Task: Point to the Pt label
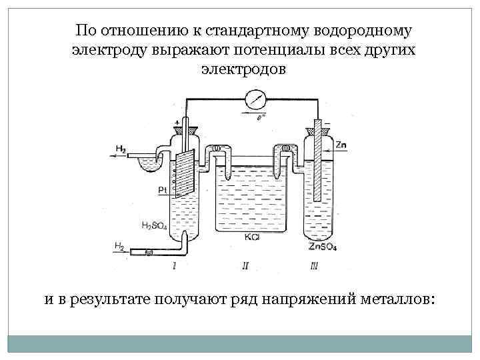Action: (x=163, y=191)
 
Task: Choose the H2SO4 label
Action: (x=154, y=226)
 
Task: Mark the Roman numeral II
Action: (x=246, y=265)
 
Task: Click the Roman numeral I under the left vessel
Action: (x=175, y=265)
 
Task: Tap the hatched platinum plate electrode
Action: (x=183, y=173)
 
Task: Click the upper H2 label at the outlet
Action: (x=120, y=148)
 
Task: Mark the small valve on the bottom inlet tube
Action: (x=148, y=252)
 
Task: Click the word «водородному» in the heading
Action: (x=364, y=31)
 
